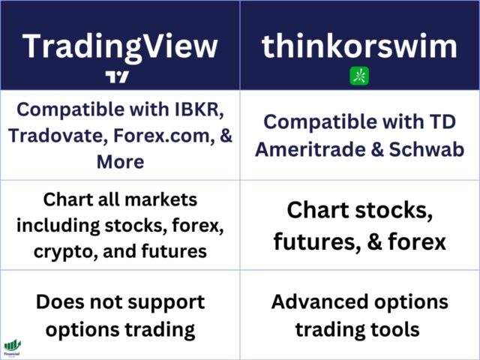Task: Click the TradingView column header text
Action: pyautogui.click(x=120, y=46)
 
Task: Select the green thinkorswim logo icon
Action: pyautogui.click(x=359, y=76)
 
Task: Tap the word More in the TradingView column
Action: pyautogui.click(x=120, y=162)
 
